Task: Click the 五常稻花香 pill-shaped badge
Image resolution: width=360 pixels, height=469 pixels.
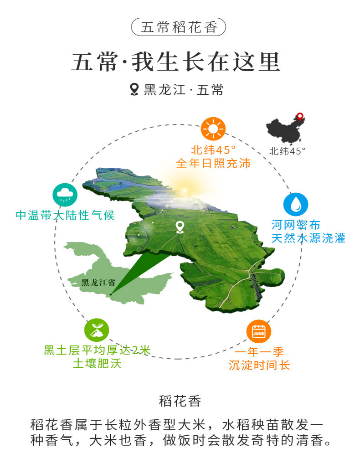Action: (x=179, y=27)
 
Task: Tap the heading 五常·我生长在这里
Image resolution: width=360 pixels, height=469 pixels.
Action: (x=175, y=62)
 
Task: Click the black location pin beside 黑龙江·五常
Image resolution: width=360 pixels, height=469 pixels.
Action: (x=134, y=89)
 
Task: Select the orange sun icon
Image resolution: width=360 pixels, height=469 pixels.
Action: (x=213, y=128)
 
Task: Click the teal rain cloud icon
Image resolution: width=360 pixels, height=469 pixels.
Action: (x=65, y=195)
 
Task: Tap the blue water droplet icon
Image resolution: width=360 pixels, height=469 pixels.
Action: (x=296, y=204)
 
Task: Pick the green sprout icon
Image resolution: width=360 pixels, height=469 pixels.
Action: (x=97, y=330)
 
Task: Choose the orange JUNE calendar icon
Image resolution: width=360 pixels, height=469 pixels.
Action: (x=258, y=331)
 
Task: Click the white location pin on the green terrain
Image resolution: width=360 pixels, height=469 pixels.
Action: (x=180, y=227)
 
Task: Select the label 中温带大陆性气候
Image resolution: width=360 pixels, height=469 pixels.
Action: (x=65, y=215)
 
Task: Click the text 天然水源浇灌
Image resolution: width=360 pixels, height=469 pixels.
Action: (x=309, y=238)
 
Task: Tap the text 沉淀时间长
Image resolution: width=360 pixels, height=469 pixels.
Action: (x=259, y=365)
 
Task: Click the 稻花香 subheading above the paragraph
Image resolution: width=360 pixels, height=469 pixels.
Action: (x=180, y=402)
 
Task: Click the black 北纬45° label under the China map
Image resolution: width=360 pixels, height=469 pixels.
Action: (x=287, y=151)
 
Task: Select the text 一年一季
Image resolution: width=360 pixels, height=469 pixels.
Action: (x=259, y=352)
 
